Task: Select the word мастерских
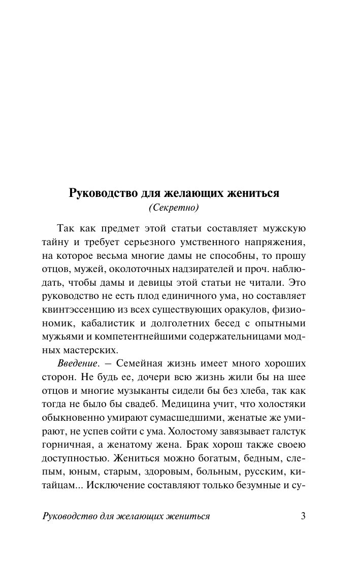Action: click(94, 350)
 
